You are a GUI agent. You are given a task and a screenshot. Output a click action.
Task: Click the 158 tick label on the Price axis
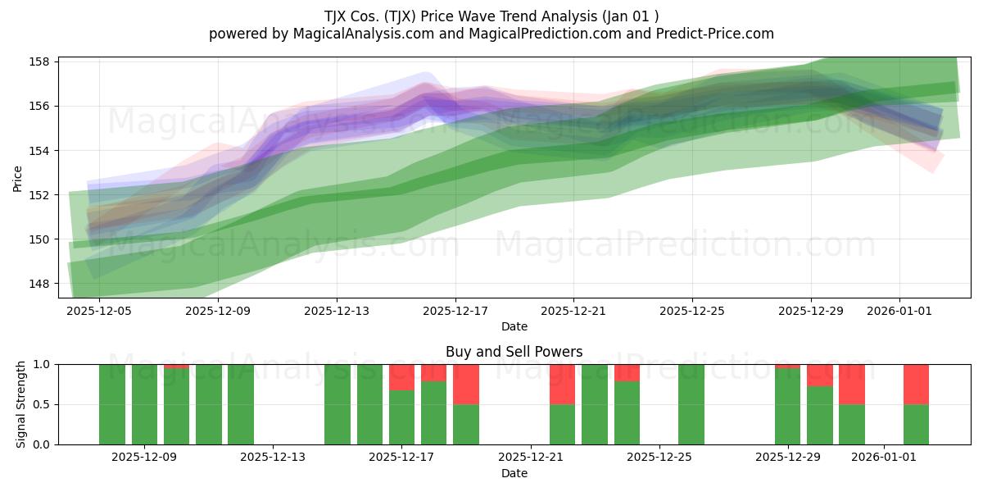pos(39,61)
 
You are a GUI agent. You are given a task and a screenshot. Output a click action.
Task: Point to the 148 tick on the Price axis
pos(39,284)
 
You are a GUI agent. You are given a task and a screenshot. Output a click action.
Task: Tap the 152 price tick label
pos(39,195)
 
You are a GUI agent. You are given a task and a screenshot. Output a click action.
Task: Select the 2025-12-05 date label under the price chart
pos(99,311)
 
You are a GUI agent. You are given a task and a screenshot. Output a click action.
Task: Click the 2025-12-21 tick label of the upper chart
pos(573,311)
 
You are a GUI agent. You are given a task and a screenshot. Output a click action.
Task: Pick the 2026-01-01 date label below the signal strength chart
pos(884,457)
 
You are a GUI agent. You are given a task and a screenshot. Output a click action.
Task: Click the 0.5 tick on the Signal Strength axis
pos(42,404)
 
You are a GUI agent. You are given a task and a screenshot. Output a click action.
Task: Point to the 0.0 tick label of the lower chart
pos(42,444)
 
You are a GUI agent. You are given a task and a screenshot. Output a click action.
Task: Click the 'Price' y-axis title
pos(17,180)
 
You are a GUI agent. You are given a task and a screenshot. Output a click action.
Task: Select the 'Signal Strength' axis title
pos(20,404)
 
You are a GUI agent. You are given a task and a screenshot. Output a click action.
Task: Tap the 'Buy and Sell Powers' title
pos(514,352)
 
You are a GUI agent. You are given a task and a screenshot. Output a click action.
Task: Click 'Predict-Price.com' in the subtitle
pos(715,34)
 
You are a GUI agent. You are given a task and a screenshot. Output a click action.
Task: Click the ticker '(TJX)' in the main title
pos(400,16)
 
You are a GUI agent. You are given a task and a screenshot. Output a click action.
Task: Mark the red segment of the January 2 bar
pos(916,385)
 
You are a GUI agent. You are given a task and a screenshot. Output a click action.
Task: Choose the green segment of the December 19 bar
pos(465,425)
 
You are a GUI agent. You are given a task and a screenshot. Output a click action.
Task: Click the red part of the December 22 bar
pos(562,385)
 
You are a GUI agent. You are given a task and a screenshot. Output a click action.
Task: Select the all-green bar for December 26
pos(691,404)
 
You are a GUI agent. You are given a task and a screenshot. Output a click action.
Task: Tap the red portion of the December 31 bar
pos(852,385)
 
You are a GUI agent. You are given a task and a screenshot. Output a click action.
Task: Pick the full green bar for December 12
pos(241,404)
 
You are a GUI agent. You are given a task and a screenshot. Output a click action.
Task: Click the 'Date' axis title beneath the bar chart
pos(514,473)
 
